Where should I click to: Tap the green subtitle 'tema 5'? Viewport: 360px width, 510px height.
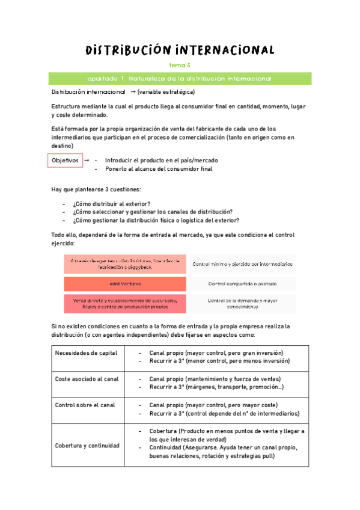pos(180,66)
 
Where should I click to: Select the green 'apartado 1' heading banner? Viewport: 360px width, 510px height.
pos(180,79)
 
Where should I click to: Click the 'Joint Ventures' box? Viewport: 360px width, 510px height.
pos(125,283)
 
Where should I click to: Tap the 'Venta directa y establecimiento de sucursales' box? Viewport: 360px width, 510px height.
pos(125,303)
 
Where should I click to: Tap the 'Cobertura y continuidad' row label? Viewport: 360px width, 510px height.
pos(87,445)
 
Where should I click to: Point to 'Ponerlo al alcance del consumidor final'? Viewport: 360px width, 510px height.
pos(158,169)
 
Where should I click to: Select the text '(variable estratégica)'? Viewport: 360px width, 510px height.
pos(165,92)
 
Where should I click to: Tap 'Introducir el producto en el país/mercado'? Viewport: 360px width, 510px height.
pos(161,161)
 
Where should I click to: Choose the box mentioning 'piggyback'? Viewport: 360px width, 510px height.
pos(125,264)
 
